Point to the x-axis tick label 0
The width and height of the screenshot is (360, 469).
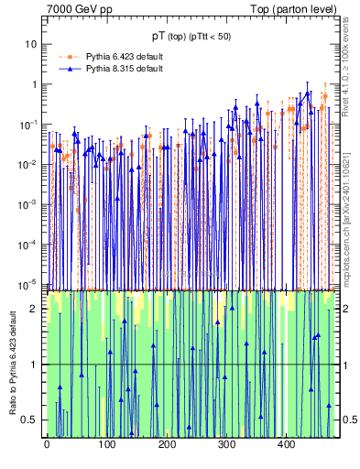(x=47, y=444)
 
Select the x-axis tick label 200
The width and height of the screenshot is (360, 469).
(x=166, y=444)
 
